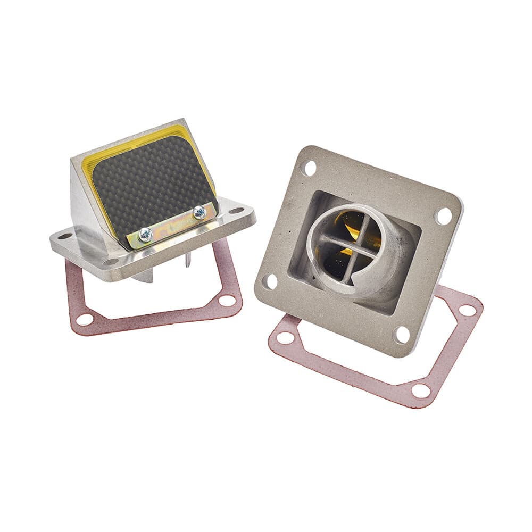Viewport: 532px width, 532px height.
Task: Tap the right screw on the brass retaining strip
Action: click(199, 213)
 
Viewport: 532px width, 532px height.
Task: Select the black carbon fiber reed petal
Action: click(154, 186)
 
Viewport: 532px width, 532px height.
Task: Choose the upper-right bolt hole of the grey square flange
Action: click(443, 215)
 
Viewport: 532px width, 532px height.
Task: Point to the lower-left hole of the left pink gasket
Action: click(84, 320)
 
